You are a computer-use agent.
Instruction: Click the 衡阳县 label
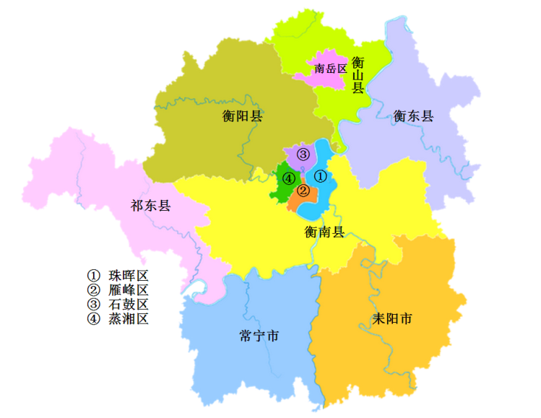coord(242,116)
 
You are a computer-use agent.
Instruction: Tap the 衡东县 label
coord(414,116)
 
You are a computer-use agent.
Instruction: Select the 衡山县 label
coord(358,75)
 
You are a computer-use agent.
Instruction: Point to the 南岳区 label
coord(331,69)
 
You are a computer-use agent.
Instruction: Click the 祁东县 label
coord(150,206)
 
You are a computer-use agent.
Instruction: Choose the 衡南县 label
coord(324,232)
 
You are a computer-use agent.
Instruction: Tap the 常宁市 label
coord(259,336)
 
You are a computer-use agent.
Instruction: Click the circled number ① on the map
coord(321,175)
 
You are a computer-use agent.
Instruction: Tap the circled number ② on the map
coord(303,191)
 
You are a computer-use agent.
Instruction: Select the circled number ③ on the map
coord(303,154)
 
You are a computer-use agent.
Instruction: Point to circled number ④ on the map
coord(288,178)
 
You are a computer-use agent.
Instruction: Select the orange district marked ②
coord(298,201)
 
